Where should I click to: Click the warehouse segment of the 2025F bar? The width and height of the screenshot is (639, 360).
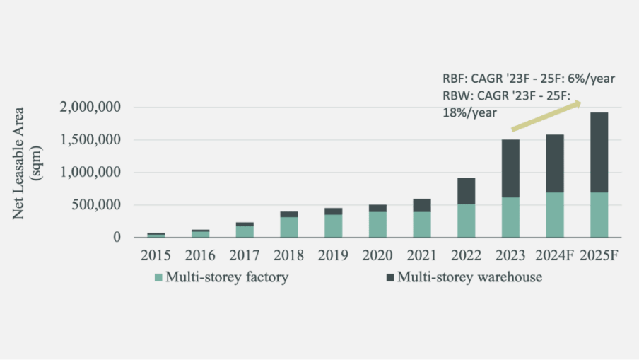coord(599,152)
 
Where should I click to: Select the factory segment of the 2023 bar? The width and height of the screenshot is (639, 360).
coord(510,217)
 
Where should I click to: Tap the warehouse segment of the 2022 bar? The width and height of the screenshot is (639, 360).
coord(467,191)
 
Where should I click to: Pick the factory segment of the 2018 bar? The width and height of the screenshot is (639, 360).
coord(288,227)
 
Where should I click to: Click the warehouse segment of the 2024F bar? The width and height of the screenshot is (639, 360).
coord(555,163)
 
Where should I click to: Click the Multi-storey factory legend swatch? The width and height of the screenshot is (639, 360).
coord(159,278)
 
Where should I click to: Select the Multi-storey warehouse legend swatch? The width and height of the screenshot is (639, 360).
coord(390,278)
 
